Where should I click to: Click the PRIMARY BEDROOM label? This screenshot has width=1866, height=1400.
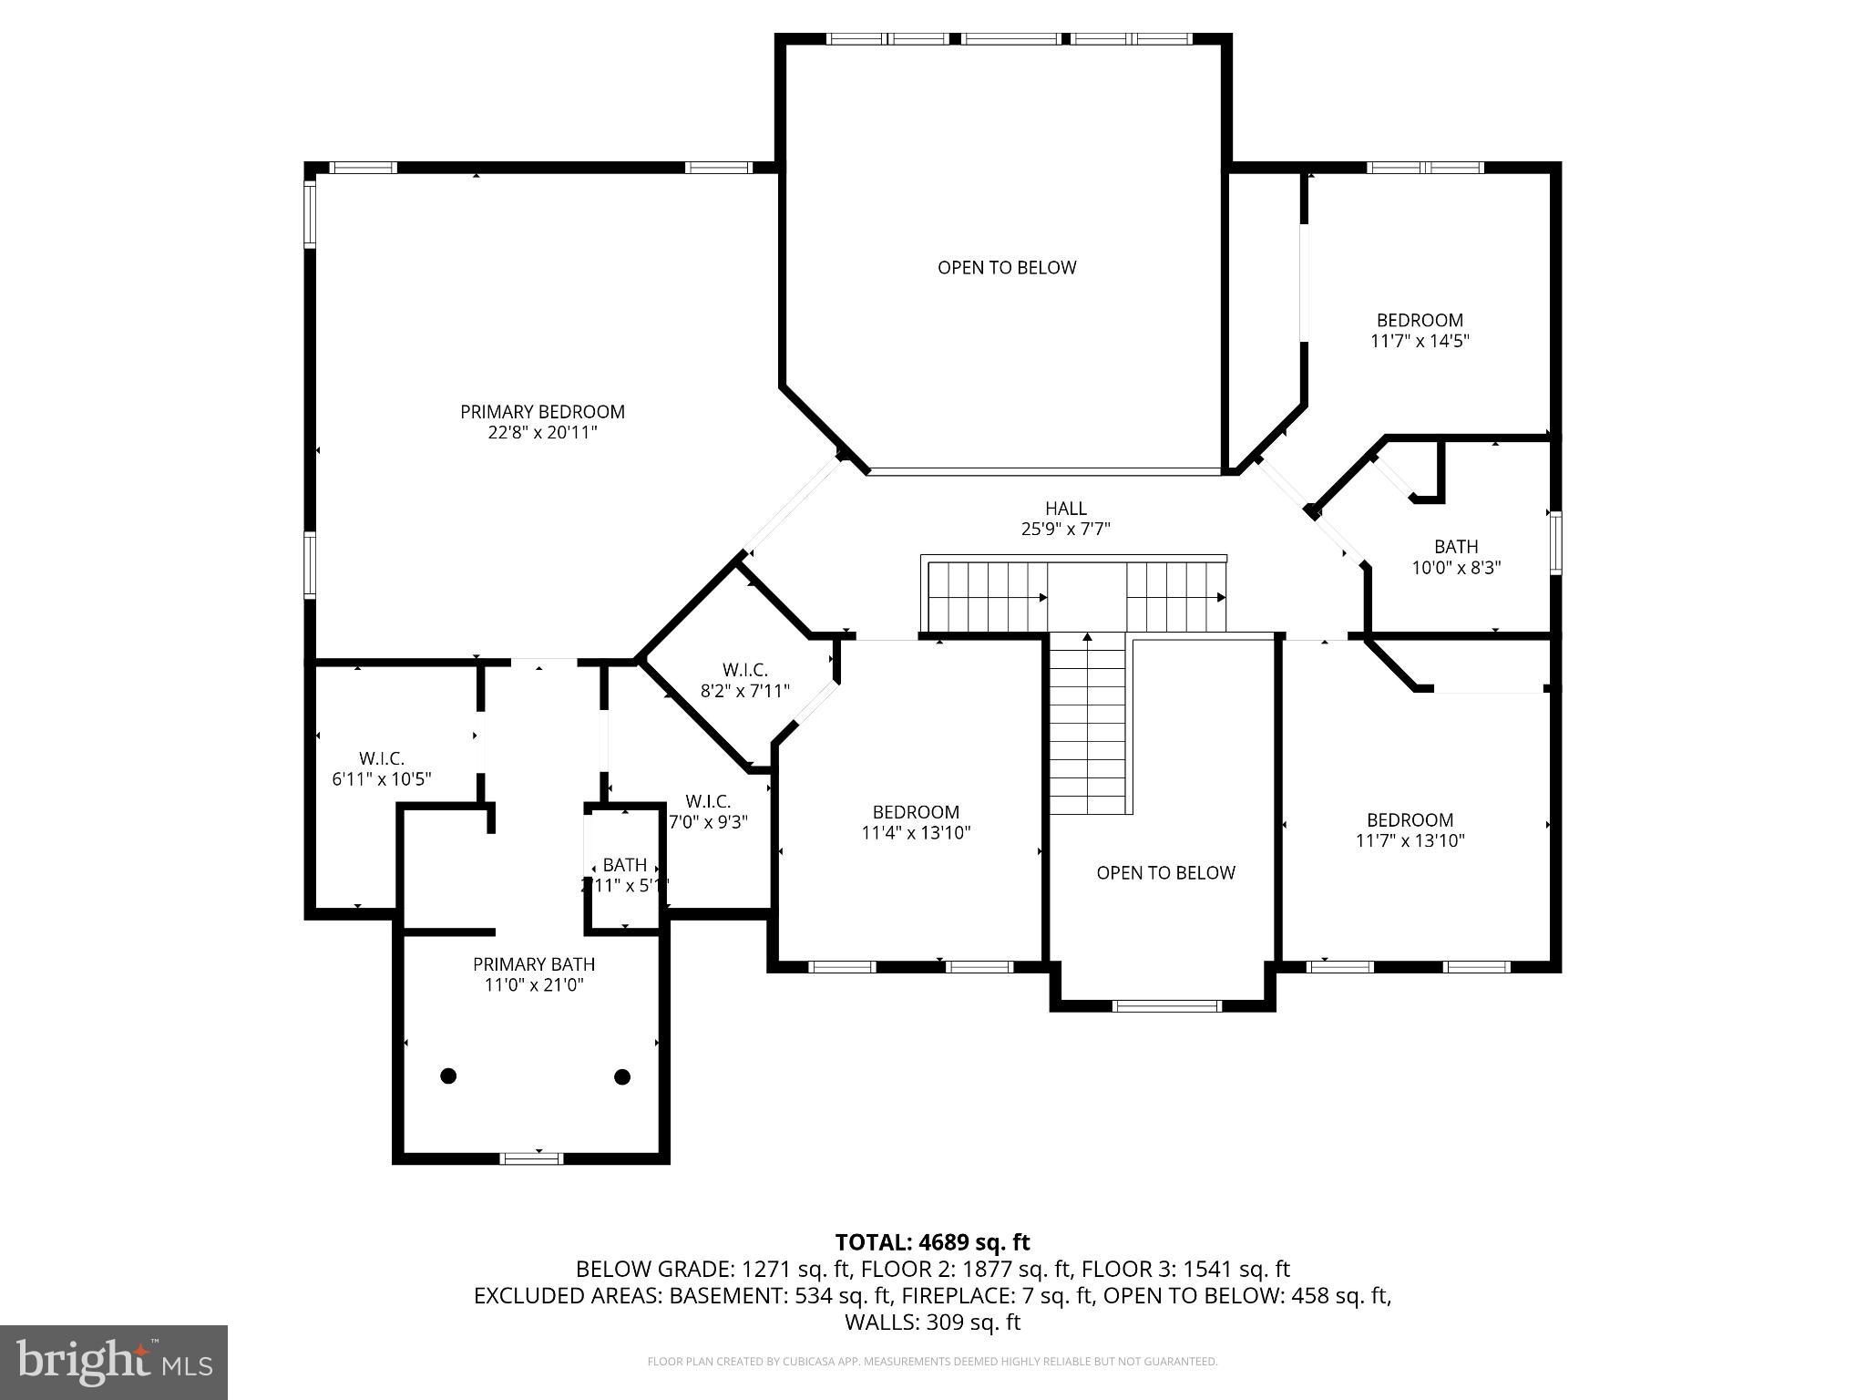coord(542,412)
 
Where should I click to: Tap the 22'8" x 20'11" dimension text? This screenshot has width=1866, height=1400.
coord(542,433)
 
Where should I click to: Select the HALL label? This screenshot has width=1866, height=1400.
coord(1065,509)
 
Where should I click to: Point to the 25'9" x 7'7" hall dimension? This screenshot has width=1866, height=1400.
coord(1065,529)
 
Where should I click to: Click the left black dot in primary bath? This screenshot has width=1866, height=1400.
coord(447,1076)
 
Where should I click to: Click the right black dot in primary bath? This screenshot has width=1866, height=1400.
coord(622,1076)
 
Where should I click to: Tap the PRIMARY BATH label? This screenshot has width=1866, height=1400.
coord(534,964)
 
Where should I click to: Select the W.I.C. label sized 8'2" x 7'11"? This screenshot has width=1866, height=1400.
coord(745,670)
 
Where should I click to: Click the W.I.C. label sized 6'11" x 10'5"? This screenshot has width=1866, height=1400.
coord(381,758)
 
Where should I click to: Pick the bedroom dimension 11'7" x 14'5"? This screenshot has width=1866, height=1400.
coord(1420,342)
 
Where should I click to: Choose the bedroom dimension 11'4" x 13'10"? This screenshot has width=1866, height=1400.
coord(916,833)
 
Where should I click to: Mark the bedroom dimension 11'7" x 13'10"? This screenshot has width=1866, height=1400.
coord(1410,841)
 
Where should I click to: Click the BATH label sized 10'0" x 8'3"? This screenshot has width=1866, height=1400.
coord(1456,547)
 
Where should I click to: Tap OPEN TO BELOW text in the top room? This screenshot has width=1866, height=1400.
coord(1007,268)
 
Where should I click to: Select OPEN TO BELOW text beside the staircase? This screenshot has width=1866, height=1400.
coord(1165,873)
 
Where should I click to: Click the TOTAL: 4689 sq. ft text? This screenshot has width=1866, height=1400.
coord(932,1242)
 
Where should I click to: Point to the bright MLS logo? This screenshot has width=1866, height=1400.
coord(114,1362)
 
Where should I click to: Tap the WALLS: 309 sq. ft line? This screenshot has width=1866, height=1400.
coord(932,1323)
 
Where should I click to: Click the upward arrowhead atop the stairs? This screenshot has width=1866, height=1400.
coord(1087,637)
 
